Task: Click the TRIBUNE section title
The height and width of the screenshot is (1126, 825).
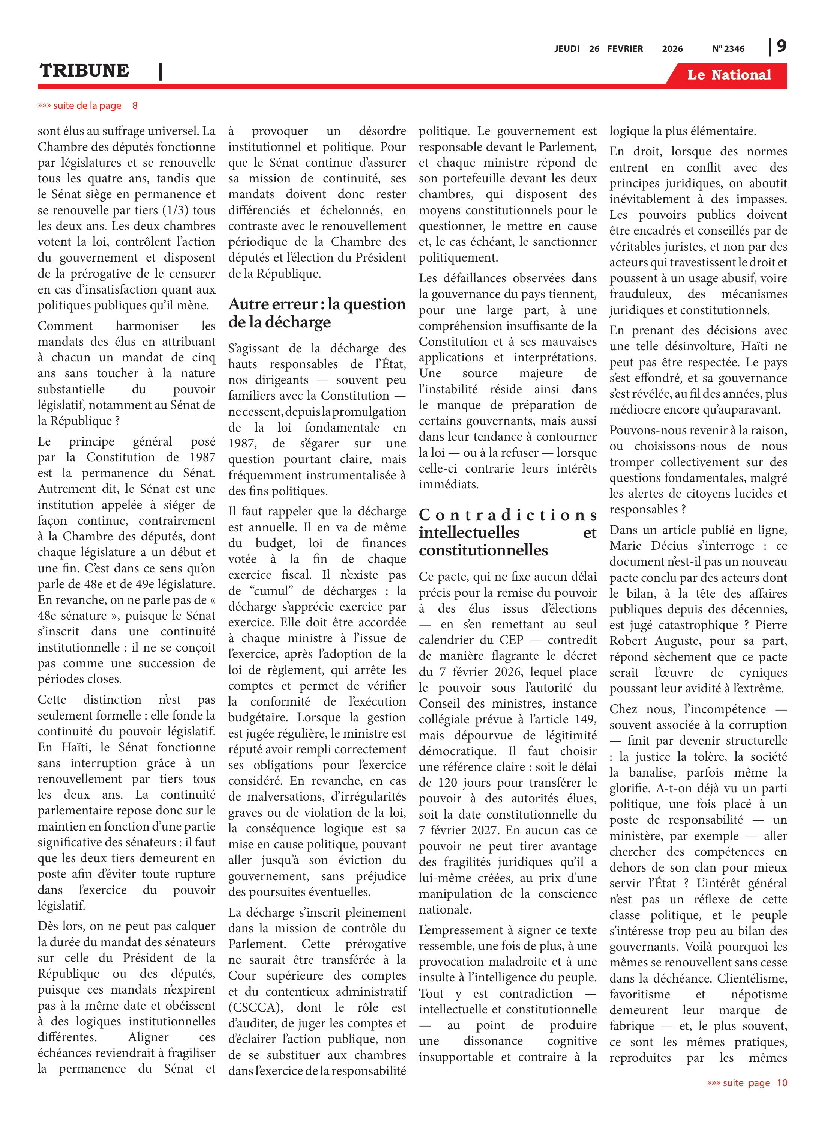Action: (84, 71)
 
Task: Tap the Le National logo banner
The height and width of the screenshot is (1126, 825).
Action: (729, 75)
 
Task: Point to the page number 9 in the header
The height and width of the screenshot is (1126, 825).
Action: (781, 47)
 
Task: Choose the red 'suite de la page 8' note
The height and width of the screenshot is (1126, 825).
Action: (87, 105)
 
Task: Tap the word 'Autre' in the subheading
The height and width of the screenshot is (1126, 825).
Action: (251, 304)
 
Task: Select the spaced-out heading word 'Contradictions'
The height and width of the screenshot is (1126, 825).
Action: (507, 515)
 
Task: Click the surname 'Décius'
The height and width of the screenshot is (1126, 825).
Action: (669, 546)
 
